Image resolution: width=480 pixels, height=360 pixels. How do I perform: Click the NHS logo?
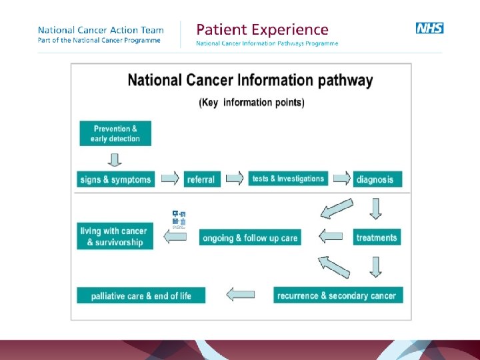tap(429, 28)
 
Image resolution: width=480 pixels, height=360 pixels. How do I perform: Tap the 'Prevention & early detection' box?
tap(115, 133)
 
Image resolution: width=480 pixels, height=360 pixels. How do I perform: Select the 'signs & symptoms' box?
tap(115, 179)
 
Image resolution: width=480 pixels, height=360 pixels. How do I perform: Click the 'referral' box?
tap(201, 179)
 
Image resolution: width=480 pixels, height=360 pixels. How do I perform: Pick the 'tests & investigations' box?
tap(288, 179)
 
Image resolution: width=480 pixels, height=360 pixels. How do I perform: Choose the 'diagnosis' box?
tap(377, 179)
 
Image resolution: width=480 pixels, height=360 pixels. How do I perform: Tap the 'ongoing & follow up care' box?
tap(250, 237)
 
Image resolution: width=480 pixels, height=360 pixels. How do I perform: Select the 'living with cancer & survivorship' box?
tap(115, 236)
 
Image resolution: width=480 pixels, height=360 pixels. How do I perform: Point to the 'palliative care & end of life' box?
tap(141, 295)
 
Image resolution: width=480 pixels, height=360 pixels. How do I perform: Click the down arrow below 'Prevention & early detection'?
tap(115, 160)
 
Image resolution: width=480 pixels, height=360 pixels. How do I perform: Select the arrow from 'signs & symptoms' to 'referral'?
tap(170, 179)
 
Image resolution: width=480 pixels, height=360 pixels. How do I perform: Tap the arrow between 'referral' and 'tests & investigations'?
tap(234, 179)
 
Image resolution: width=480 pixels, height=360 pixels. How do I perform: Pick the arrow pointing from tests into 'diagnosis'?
tap(341, 179)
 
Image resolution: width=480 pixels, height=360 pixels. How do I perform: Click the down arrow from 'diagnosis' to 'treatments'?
tap(376, 208)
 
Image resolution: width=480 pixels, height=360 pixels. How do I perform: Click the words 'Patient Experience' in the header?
tap(262, 30)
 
